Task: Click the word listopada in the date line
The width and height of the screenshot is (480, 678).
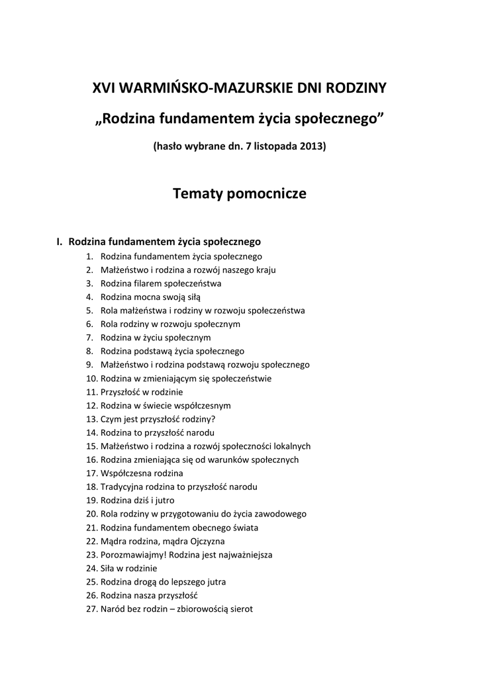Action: coord(268,146)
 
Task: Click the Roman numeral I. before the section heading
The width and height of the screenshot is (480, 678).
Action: coord(60,242)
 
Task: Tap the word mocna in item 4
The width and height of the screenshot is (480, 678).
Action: coord(148,297)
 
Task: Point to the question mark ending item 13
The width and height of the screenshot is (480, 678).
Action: coord(213,419)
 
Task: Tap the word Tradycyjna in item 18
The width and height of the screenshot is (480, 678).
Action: coord(121,487)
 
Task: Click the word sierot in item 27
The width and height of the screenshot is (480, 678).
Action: coord(241,609)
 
